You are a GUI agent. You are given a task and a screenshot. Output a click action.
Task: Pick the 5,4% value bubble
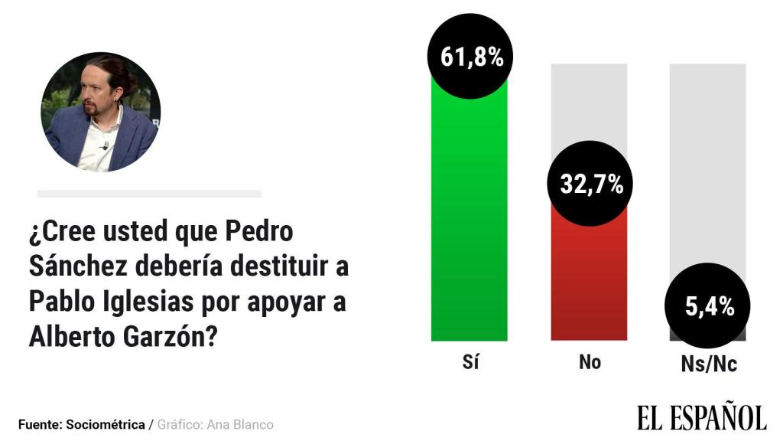709,307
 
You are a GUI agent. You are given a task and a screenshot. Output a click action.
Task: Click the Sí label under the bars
470,361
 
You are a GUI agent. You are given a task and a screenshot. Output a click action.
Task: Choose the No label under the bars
590,362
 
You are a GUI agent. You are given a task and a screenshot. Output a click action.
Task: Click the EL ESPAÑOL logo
701,417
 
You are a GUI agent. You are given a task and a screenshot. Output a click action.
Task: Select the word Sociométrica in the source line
106,424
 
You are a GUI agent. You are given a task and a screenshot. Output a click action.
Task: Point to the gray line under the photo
149,194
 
